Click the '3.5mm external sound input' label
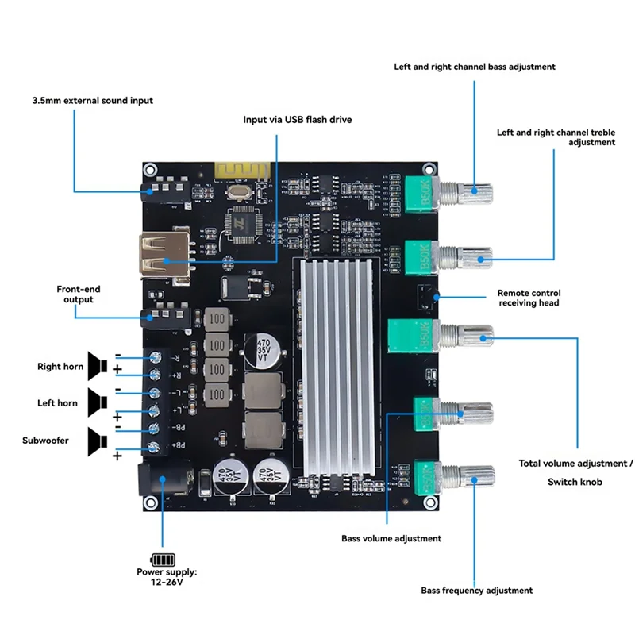(x=92, y=101)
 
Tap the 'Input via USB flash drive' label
(x=297, y=119)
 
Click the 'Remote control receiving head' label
(x=528, y=298)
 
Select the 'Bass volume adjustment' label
(x=391, y=538)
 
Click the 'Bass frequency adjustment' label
(x=476, y=590)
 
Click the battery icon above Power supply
(x=161, y=558)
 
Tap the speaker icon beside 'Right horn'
(x=98, y=365)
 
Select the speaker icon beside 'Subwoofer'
(x=98, y=441)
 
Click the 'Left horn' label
(x=57, y=403)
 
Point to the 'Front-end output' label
(x=78, y=294)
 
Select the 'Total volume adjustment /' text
(x=576, y=463)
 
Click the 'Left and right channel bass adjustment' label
(x=475, y=67)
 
